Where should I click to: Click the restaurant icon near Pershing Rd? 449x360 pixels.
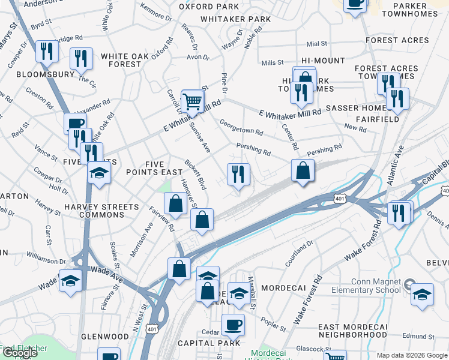pos(238,175)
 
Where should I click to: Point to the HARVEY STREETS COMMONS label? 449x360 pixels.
pos(101,211)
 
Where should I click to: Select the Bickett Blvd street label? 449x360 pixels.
pos(196,175)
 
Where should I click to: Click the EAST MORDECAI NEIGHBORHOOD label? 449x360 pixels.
pos(352,330)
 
